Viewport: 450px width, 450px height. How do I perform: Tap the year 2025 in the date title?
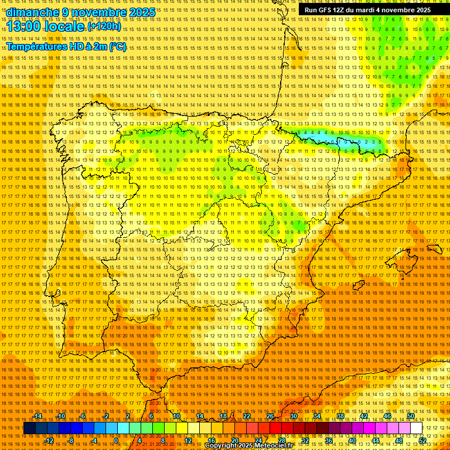[142, 12]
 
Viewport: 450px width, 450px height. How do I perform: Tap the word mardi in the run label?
[373, 10]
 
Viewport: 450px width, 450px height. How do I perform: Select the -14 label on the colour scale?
[37, 416]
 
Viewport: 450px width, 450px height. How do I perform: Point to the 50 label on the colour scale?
[411, 416]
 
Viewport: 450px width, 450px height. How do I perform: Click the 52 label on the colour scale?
[422, 441]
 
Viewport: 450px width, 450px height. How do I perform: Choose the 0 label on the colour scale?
[116, 441]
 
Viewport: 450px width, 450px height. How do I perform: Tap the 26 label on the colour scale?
[270, 416]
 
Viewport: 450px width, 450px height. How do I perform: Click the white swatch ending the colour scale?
[417, 428]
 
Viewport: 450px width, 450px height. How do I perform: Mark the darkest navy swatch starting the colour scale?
[29, 428]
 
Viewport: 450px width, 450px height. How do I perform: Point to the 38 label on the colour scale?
[340, 416]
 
